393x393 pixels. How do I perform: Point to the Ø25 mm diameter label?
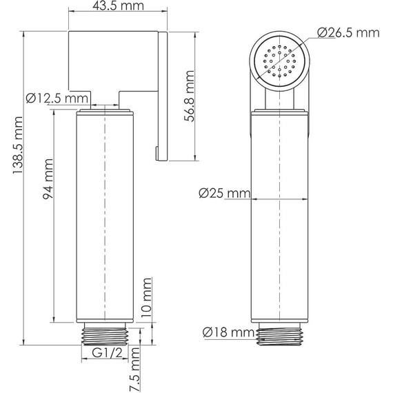pos(223,194)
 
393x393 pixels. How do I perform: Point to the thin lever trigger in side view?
pos(163,97)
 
